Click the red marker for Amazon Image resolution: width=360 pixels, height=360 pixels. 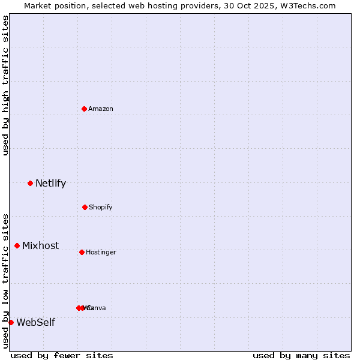(84, 109)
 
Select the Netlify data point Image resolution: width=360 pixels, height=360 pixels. (30, 183)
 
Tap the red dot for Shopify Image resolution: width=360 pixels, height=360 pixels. (85, 207)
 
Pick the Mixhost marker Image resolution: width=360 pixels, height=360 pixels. (17, 245)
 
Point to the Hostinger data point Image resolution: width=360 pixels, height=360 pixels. (82, 252)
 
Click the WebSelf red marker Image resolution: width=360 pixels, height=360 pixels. (11, 322)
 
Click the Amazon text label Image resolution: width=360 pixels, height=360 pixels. (101, 109)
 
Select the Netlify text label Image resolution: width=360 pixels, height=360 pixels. (50, 183)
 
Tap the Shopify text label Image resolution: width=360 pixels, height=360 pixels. (101, 207)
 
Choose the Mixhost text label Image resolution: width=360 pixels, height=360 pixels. (41, 245)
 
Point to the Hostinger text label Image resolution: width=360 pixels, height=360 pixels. (101, 252)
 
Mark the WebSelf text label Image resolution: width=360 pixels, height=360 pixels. (35, 322)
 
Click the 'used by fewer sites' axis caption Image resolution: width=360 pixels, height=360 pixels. (62, 355)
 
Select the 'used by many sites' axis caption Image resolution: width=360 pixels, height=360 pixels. (301, 355)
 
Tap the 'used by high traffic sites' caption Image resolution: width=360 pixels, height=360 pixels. (5, 85)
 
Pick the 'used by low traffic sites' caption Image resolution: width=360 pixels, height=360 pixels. (5, 281)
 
